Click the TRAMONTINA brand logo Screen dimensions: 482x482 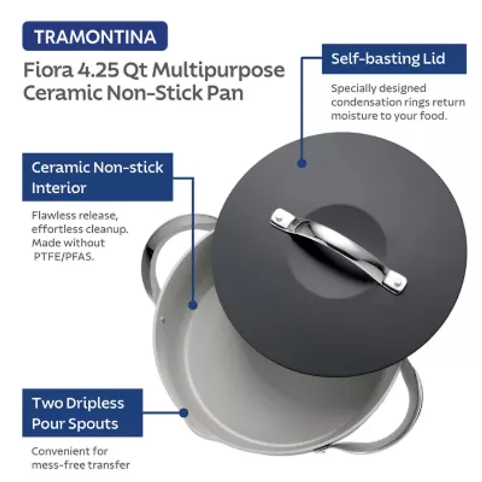pyautogui.click(x=95, y=36)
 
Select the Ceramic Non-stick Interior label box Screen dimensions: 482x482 pyautogui.click(x=97, y=177)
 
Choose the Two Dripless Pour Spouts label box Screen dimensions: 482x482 pyautogui.click(x=78, y=413)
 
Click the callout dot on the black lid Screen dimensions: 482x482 pyautogui.click(x=302, y=163)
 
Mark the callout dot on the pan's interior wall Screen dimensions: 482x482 pyautogui.click(x=193, y=305)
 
